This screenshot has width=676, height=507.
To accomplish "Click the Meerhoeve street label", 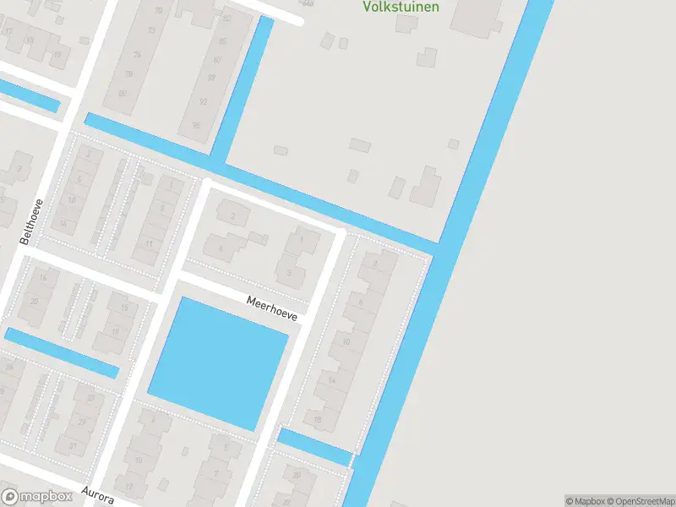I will (x=272, y=308).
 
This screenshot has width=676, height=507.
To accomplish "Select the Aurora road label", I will (x=97, y=494).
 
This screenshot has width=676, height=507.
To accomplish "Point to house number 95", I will (x=196, y=125).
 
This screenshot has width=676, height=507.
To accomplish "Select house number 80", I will (x=123, y=94).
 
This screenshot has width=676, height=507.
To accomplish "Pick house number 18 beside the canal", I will (x=318, y=418).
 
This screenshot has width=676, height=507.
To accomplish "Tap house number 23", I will (x=88, y=397).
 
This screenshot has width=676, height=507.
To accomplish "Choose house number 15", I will (x=123, y=308).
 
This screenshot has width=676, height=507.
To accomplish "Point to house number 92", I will (x=203, y=101).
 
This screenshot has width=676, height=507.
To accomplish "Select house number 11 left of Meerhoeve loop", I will (x=148, y=244).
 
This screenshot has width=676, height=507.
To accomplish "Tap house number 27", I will (x=81, y=422).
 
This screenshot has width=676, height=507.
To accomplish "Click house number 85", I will (x=221, y=41).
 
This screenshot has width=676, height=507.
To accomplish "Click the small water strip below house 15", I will (x=61, y=352).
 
